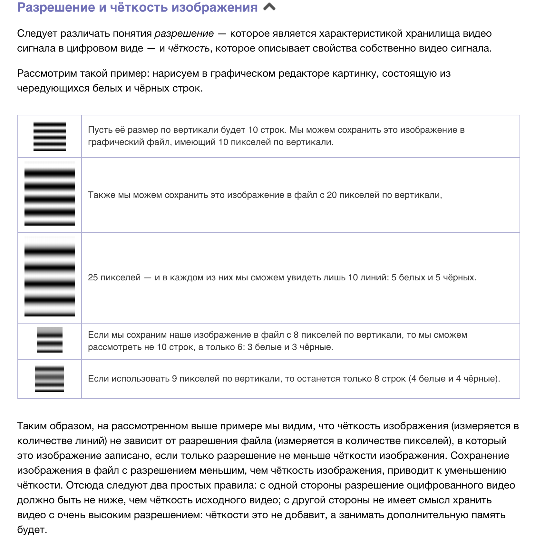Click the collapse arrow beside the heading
coord(269,7)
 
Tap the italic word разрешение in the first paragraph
coord(184,34)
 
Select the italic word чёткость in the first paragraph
coord(189,48)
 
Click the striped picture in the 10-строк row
coord(50,136)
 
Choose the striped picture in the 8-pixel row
coord(50,340)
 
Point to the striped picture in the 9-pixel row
coord(49,379)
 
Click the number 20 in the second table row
coord(332,195)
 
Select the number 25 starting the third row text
coord(93,277)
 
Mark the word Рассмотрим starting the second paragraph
coord(47,73)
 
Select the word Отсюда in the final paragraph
coord(85,485)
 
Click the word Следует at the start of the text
coord(37,34)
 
